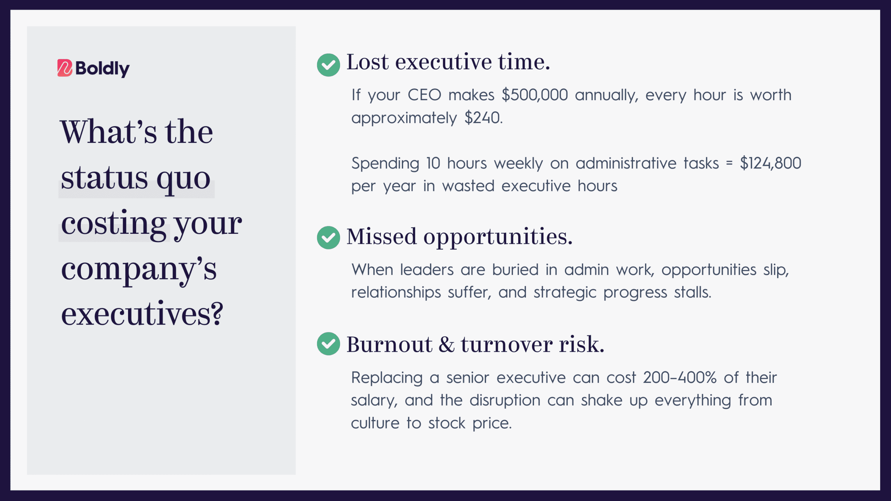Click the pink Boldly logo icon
coord(65,68)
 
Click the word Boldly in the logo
coord(103,69)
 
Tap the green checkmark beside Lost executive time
coord(328,65)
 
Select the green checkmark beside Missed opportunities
coord(328,238)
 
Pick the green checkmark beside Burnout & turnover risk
coord(328,344)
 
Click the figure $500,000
coord(535,95)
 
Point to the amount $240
coord(484,118)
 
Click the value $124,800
coord(771,163)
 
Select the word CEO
coord(424,95)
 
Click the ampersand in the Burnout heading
coord(447,344)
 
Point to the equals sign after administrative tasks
coord(730,164)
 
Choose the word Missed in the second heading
coord(381,237)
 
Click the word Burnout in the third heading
coord(389,344)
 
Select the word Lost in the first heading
coord(367,62)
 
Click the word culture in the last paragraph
coord(375,423)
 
